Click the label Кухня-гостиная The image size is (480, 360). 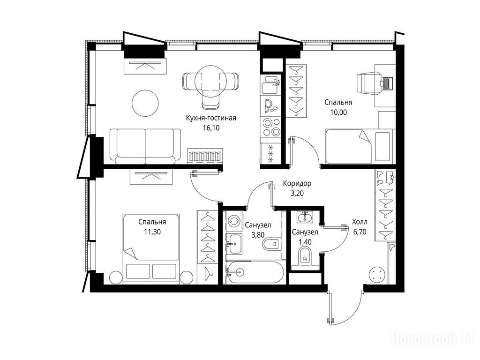coord(211,118)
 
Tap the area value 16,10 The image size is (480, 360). coord(211,128)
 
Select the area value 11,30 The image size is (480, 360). coord(152,232)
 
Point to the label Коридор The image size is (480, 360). coord(297,183)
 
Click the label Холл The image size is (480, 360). coord(360,222)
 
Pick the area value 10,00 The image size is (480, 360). coord(338,112)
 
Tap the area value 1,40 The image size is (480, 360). coord(305,242)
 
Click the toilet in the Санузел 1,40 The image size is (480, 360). coord(305,255)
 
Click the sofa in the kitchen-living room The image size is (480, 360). coord(145,147)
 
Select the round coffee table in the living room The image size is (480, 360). coord(145,103)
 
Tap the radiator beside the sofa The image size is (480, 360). coord(205,156)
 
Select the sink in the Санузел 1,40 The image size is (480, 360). coord(305,217)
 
